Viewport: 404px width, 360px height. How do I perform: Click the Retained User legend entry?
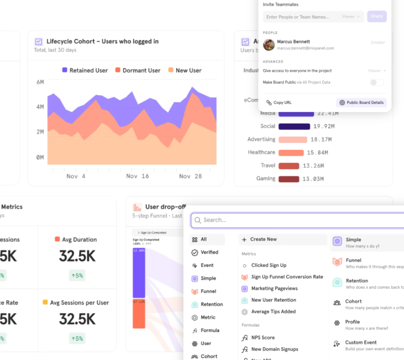84,70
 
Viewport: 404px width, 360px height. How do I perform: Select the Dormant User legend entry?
137,70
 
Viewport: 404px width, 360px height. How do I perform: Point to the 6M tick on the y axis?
40,82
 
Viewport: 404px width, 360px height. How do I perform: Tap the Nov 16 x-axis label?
137,176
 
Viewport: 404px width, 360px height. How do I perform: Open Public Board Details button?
361,103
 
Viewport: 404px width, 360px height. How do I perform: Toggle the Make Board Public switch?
377,82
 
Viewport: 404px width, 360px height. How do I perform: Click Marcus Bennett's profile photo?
269,45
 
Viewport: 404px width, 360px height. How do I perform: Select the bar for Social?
294,126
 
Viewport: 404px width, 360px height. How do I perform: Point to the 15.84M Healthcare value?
318,152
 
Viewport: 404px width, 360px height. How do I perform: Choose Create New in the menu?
263,239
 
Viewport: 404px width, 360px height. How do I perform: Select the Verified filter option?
209,252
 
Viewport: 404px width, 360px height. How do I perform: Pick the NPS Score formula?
263,337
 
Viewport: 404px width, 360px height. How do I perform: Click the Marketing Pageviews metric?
274,288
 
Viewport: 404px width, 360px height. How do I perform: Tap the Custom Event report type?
361,343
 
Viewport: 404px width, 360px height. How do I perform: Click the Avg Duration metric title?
79,239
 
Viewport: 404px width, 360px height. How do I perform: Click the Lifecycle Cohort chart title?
102,41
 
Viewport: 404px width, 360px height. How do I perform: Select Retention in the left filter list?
211,304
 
